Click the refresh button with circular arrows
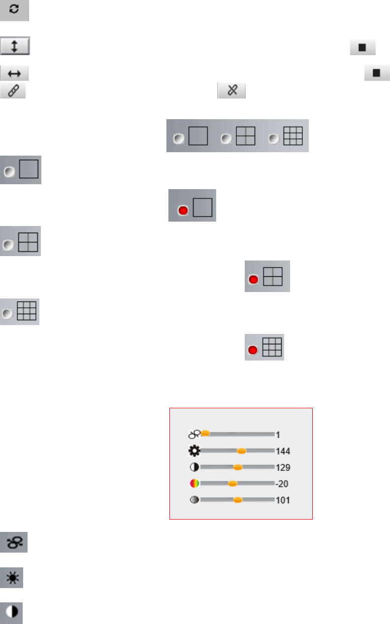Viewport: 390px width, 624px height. coord(14,10)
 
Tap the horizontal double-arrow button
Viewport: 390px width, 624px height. coord(14,73)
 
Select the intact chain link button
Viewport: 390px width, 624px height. coord(13,91)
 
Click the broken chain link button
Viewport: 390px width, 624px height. coord(231,91)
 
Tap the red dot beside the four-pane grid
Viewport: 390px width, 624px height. coord(254,279)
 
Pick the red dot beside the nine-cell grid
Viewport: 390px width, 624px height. coord(253,350)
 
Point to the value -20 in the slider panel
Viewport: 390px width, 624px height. coord(282,484)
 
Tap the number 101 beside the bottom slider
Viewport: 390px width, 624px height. coord(283,500)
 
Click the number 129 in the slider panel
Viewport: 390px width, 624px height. coord(283,467)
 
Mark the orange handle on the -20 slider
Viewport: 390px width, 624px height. coord(232,484)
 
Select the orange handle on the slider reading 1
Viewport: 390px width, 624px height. coord(205,433)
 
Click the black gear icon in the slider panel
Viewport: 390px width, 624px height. coord(195,451)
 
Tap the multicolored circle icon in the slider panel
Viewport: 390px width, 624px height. coord(195,484)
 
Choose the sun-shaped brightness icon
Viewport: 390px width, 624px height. coord(11,577)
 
